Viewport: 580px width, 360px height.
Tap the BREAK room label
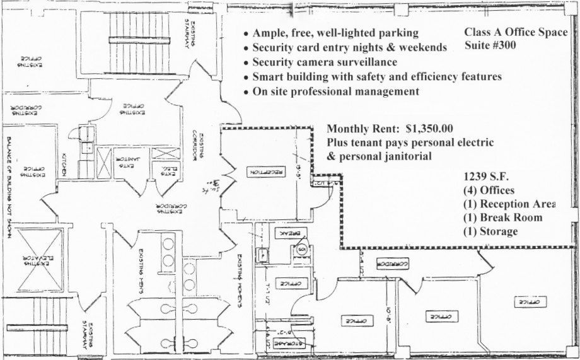pyautogui.click(x=286, y=233)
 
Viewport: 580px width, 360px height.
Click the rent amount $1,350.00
pyautogui.click(x=430, y=129)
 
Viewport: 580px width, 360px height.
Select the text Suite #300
pyautogui.click(x=490, y=45)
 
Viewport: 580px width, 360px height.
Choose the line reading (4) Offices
pyautogui.click(x=489, y=190)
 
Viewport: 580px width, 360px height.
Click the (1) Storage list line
pyautogui.click(x=490, y=232)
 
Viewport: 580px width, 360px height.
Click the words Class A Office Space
pyautogui.click(x=516, y=32)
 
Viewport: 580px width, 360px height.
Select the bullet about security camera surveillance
pyautogui.click(x=325, y=62)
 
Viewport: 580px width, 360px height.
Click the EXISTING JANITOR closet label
pyautogui.click(x=127, y=163)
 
